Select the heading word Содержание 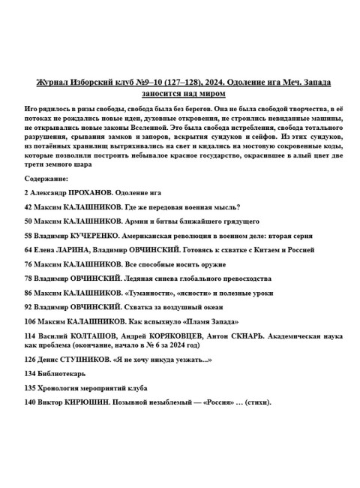click(x=46, y=179)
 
